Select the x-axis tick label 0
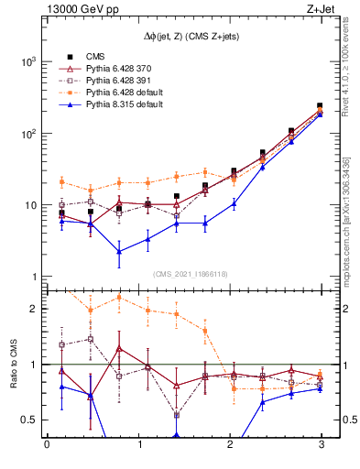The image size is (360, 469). pos(47,445)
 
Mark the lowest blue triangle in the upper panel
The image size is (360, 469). pos(119,251)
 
